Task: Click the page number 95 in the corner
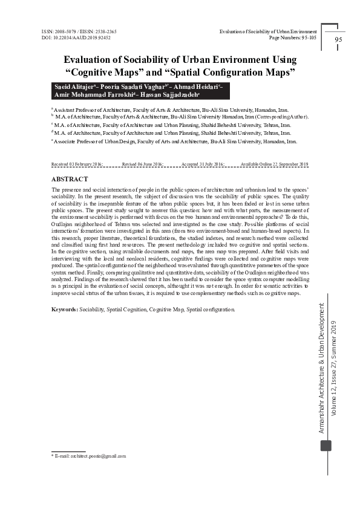[338, 40]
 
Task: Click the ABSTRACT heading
[70, 180]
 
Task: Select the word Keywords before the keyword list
[64, 310]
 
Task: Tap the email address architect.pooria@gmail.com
[91, 456]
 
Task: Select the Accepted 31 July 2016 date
[203, 164]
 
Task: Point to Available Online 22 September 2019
[274, 164]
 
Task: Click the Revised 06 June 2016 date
[142, 164]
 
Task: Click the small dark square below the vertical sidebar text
[326, 446]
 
